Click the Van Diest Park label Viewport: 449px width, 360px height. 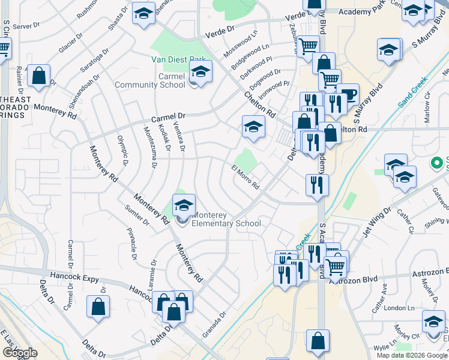pyautogui.click(x=178, y=60)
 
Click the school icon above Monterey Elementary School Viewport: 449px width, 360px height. pyautogui.click(x=184, y=206)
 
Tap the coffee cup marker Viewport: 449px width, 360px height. pyautogui.click(x=348, y=95)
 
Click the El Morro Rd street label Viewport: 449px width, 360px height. pyautogui.click(x=245, y=176)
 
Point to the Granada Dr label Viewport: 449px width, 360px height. pyautogui.click(x=214, y=324)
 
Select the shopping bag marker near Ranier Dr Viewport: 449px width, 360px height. pyautogui.click(x=38, y=76)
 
